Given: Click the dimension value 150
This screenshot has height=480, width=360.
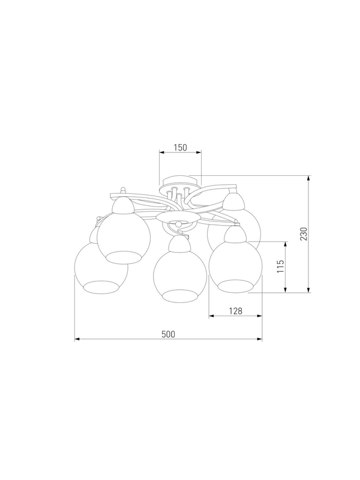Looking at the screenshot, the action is [x=181, y=148].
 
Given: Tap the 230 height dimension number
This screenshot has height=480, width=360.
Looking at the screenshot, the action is [x=303, y=234].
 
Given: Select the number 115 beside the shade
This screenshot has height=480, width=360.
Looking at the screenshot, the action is [x=280, y=266].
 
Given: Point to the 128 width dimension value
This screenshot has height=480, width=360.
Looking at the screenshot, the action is [x=236, y=311].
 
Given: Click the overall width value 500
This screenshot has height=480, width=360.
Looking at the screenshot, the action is [x=169, y=334].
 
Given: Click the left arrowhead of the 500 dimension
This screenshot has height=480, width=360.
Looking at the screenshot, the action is [x=77, y=339].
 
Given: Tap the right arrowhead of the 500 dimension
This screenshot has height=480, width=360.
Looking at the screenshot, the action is [x=260, y=339].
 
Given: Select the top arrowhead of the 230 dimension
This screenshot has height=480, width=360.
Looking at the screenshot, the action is [x=308, y=178].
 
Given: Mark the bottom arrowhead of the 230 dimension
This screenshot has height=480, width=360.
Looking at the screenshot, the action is [x=308, y=290].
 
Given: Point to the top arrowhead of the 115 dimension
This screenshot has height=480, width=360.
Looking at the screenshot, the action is [x=286, y=244].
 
